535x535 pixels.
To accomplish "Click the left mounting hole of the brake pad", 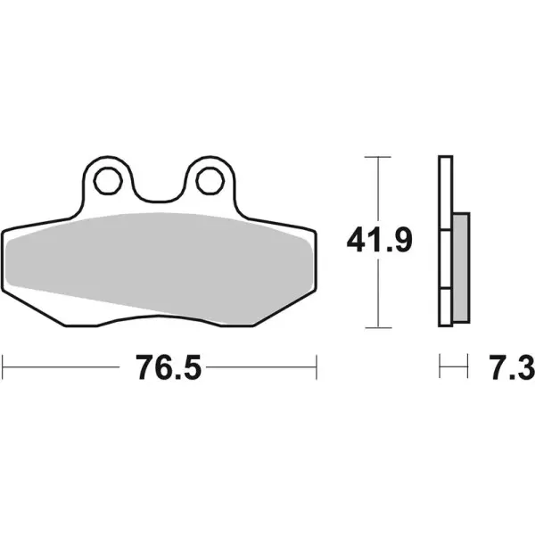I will pyautogui.click(x=108, y=181).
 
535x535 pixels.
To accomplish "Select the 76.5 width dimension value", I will pyautogui.click(x=160, y=366).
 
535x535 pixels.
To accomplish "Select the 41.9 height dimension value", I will pyautogui.click(x=380, y=241).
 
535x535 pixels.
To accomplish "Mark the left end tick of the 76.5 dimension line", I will pyautogui.click(x=4, y=365).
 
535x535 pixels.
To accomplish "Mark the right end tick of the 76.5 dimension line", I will pyautogui.click(x=317, y=365).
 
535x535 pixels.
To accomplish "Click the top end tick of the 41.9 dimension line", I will pyautogui.click(x=380, y=158).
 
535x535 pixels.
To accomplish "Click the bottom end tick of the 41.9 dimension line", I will pyautogui.click(x=380, y=326).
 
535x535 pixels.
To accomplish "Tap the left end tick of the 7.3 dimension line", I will pyautogui.click(x=440, y=365).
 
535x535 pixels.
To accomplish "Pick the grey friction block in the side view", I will pyautogui.click(x=460, y=267).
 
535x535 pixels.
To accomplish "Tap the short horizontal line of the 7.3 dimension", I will pyautogui.click(x=454, y=365).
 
